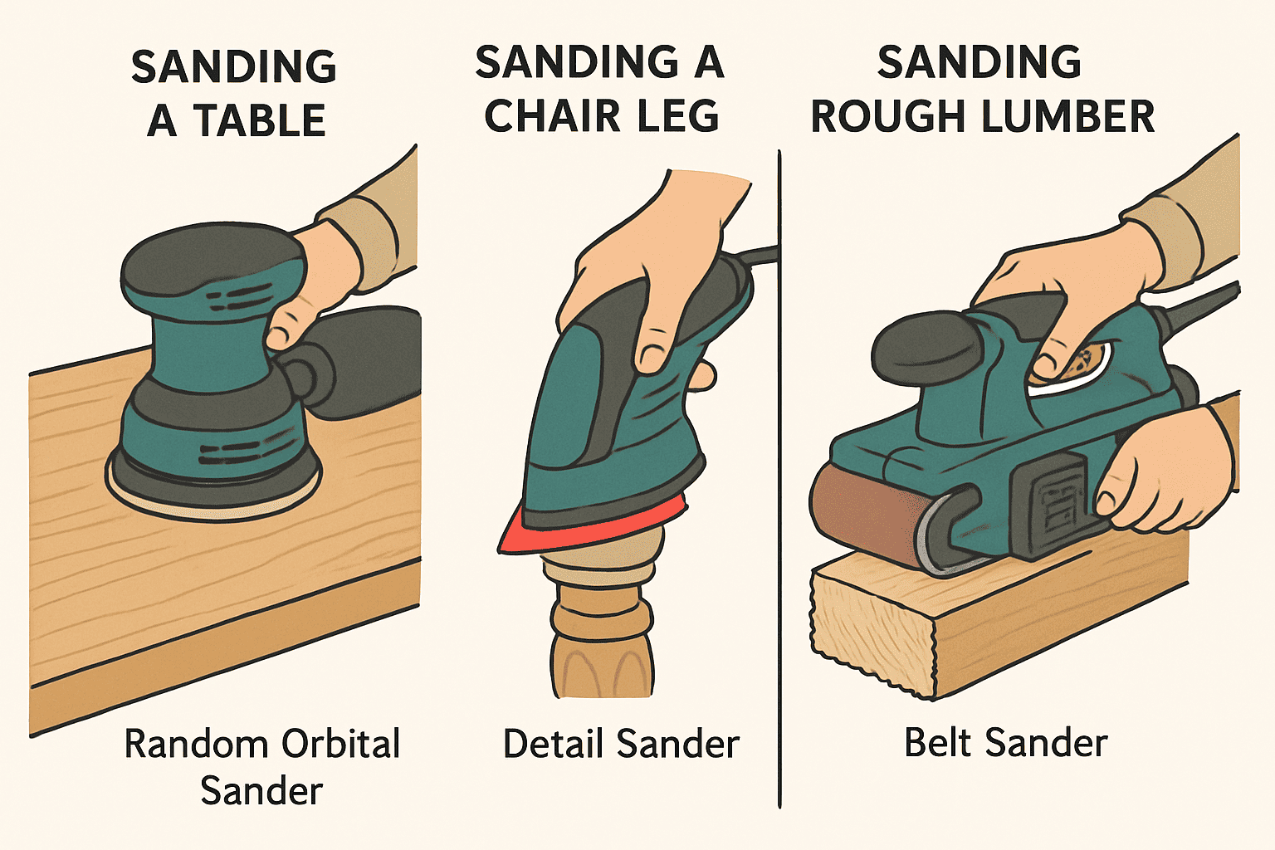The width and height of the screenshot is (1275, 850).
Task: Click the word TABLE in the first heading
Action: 259,121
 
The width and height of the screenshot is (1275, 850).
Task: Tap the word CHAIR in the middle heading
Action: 552,116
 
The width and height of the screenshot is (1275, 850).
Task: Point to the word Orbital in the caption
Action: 340,744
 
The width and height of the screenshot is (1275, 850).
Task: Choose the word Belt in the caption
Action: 938,742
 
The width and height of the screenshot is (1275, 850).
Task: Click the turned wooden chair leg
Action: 602,631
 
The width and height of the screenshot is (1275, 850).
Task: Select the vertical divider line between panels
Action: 779,498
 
